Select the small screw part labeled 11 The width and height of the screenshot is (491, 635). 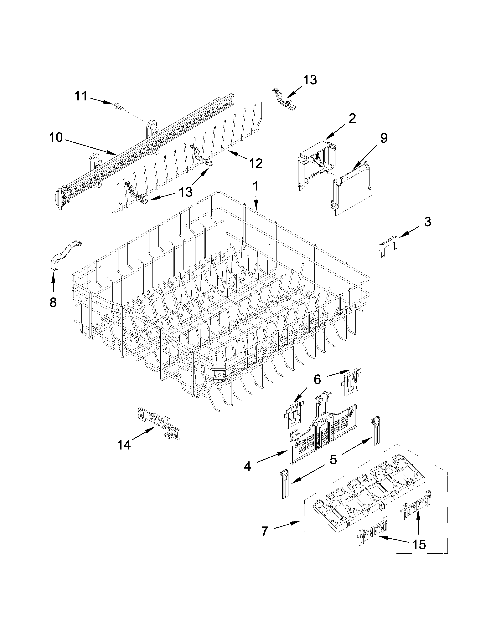point(119,106)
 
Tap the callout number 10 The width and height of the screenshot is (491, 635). point(56,138)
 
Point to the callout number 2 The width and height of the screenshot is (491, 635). point(352,119)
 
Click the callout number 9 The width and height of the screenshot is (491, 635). point(384,138)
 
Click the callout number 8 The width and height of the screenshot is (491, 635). point(53,302)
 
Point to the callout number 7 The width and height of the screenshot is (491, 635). point(264,531)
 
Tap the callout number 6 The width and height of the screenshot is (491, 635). point(317,379)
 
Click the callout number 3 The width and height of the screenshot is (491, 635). point(427,222)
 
